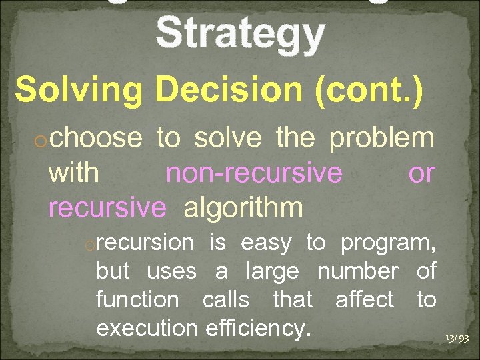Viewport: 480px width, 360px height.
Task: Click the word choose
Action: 95,138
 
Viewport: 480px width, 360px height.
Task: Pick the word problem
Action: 382,138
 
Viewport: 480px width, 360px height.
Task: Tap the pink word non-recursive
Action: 254,173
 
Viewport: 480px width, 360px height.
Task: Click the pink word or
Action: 421,173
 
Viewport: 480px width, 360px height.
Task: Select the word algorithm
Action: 243,208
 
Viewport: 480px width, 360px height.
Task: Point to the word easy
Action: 266,243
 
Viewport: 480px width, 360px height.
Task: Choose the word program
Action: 388,243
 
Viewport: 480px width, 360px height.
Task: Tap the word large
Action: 275,271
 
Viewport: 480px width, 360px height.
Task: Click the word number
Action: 357,271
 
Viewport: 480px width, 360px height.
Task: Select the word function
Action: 137,300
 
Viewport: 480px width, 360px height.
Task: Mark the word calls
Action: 225,300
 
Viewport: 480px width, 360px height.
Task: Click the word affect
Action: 365,300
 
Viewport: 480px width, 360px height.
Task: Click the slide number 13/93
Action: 457,338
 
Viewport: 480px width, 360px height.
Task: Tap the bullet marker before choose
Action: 41,141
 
